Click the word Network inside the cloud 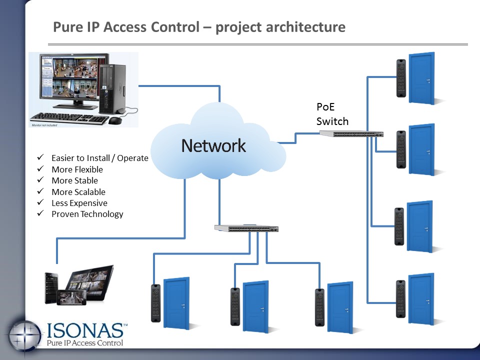click(213, 145)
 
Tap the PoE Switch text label click(332, 114)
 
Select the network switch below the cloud click(246, 228)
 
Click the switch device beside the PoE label click(351, 133)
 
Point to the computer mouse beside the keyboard click(115, 120)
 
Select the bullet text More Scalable click(78, 192)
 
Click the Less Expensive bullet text click(79, 203)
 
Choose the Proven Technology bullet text click(87, 214)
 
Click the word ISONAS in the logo click(84, 330)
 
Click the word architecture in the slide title click(299, 26)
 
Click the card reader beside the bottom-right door click(400, 298)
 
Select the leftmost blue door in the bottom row click(176, 303)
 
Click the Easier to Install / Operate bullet click(100, 158)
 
